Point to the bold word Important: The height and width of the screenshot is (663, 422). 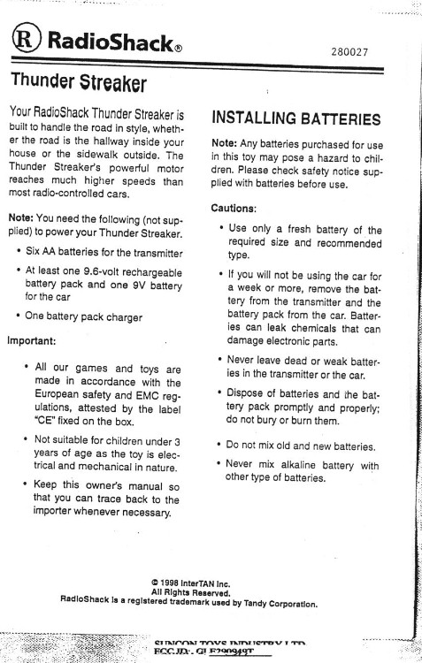pyautogui.click(x=33, y=339)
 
